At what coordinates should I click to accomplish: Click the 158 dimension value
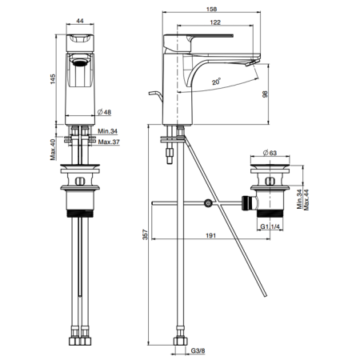tap(211, 9)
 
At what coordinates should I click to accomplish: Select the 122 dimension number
tap(215, 22)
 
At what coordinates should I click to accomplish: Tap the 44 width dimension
tap(80, 21)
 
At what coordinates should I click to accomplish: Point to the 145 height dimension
tap(53, 79)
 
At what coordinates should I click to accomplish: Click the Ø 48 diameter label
tap(104, 112)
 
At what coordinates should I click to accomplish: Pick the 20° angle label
tap(217, 82)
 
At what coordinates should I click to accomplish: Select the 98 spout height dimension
tap(265, 94)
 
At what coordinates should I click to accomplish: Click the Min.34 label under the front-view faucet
tap(108, 131)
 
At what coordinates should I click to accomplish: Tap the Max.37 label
tap(109, 142)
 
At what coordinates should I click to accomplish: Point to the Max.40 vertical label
tap(53, 150)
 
